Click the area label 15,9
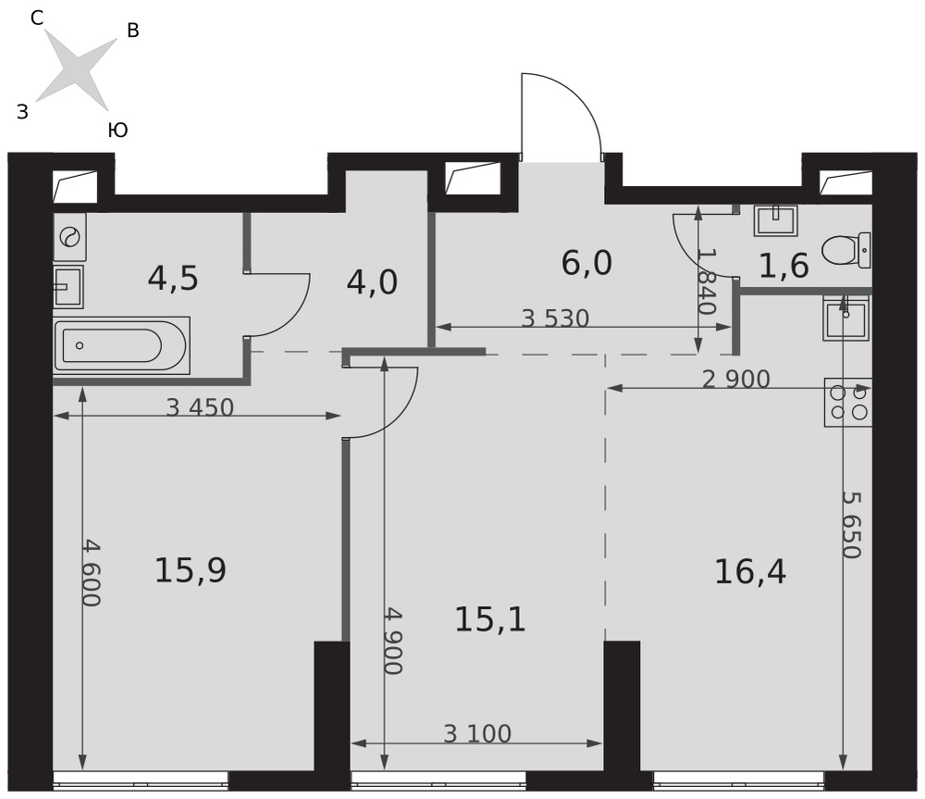(191, 570)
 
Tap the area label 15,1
(489, 620)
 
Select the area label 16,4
(750, 571)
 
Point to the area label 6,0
(586, 263)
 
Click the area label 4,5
(173, 278)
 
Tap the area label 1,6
(783, 266)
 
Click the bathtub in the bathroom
(121, 345)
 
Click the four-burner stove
(847, 403)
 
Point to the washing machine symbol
(69, 237)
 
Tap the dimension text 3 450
(200, 407)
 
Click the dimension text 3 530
(556, 318)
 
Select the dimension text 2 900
(736, 379)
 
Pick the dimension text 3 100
(477, 734)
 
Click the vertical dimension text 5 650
(852, 524)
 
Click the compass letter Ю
(118, 130)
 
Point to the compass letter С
(37, 19)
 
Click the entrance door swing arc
(579, 94)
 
